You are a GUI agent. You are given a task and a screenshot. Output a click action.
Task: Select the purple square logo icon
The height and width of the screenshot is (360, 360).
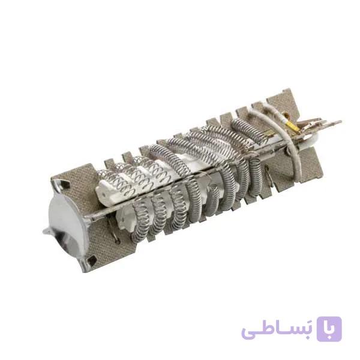329,329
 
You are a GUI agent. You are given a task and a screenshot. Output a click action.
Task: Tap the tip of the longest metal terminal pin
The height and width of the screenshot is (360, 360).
340,121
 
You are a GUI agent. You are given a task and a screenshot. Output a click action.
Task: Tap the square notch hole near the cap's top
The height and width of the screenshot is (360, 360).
65,184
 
